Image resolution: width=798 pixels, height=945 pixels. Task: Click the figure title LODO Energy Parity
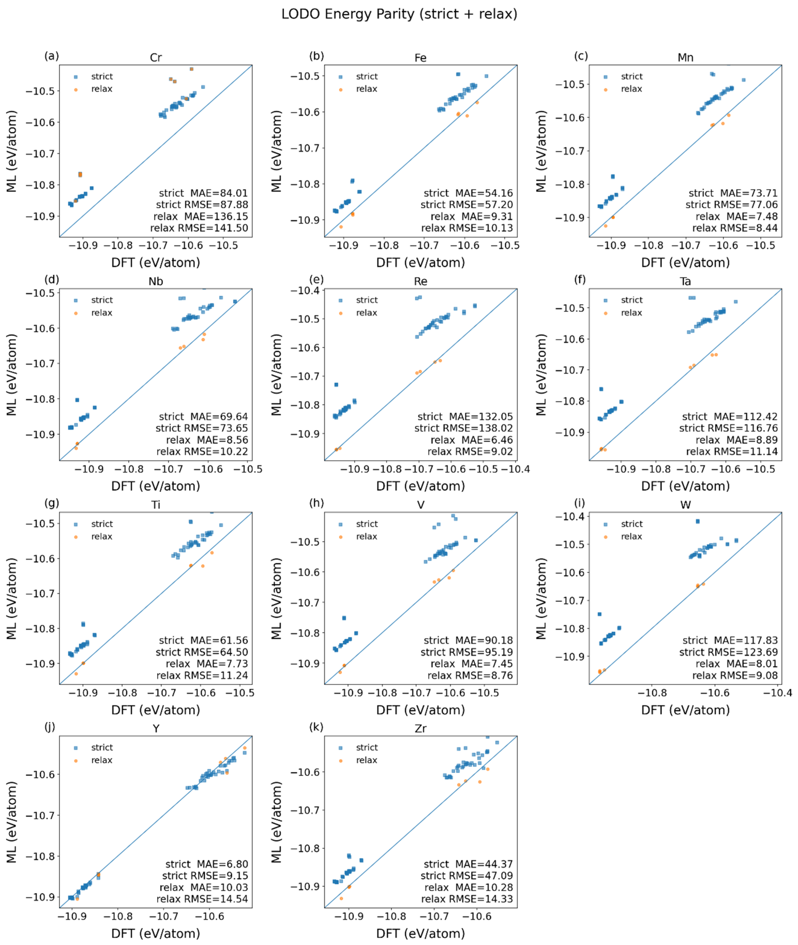[x=399, y=14]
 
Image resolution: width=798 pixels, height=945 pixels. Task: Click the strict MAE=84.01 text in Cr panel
[x=203, y=193]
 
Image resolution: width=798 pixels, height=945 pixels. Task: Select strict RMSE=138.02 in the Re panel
[x=464, y=428]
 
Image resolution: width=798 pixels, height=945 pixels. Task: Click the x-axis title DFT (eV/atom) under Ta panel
[x=685, y=486]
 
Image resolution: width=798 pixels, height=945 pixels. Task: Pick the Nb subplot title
[x=156, y=281]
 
